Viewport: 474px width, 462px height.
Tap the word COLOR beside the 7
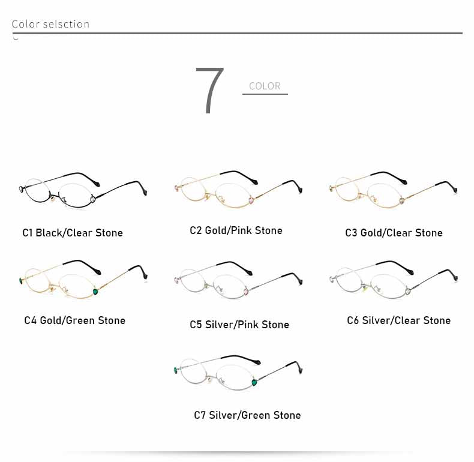click(x=265, y=86)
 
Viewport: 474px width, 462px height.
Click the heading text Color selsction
click(x=50, y=24)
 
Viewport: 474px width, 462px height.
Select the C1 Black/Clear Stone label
click(x=73, y=233)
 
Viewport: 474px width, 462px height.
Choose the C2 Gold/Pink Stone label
click(x=236, y=230)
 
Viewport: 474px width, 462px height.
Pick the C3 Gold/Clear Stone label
click(x=394, y=233)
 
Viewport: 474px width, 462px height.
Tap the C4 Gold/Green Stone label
click(x=74, y=320)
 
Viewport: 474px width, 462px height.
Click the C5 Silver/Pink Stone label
click(x=239, y=325)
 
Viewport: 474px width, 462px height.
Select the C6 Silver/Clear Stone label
click(x=399, y=320)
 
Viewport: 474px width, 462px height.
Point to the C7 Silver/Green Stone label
click(x=247, y=415)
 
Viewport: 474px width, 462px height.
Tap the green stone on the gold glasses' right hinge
click(x=95, y=292)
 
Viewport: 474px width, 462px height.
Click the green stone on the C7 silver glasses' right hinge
click(x=254, y=382)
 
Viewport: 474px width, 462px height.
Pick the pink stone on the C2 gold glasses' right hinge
click(x=251, y=200)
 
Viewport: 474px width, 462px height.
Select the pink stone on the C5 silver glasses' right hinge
click(x=246, y=292)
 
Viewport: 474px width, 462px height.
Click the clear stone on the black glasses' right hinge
click(x=93, y=199)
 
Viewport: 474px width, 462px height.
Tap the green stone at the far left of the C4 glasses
click(x=21, y=281)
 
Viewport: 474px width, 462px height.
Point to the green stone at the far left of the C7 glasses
click(x=176, y=370)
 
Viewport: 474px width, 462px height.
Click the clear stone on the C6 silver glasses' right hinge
click(x=408, y=292)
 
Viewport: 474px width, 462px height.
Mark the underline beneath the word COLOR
click(x=265, y=94)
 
